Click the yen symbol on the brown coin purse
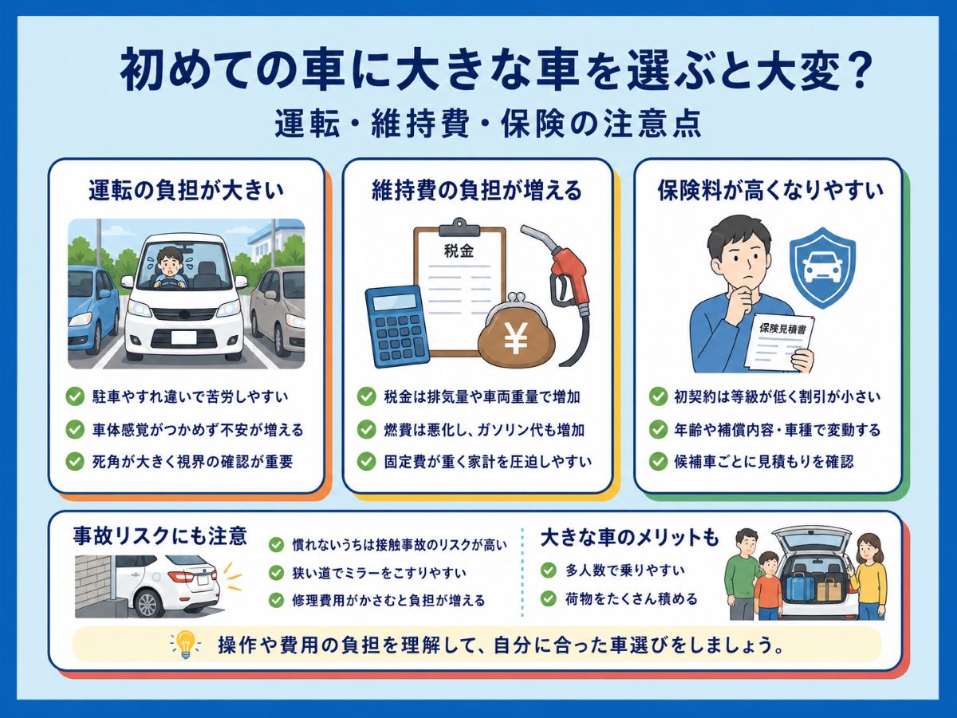click(x=516, y=337)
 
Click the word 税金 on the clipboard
click(x=459, y=251)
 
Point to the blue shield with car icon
click(x=822, y=268)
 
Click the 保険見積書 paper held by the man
click(x=778, y=342)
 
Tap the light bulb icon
click(x=185, y=645)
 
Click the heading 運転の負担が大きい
click(x=186, y=190)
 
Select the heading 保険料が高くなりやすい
click(x=770, y=190)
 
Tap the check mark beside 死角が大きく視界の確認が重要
click(x=75, y=461)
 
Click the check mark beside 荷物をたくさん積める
click(x=549, y=598)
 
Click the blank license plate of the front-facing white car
click(x=183, y=337)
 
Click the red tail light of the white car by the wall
click(x=181, y=576)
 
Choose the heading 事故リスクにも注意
click(x=159, y=536)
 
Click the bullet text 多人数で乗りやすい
click(x=625, y=570)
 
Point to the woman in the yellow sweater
click(x=868, y=575)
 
